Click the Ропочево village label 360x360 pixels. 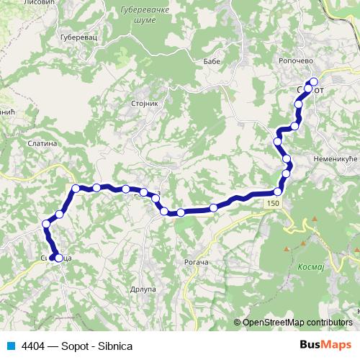pos(295,62)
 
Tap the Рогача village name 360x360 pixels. pos(196,263)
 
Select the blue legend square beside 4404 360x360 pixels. pos(10,345)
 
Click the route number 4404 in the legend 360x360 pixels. pos(32,345)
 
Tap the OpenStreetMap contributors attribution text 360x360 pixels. pos(297,322)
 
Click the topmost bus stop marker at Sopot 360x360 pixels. pos(312,81)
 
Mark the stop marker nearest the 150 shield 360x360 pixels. pos(278,191)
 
